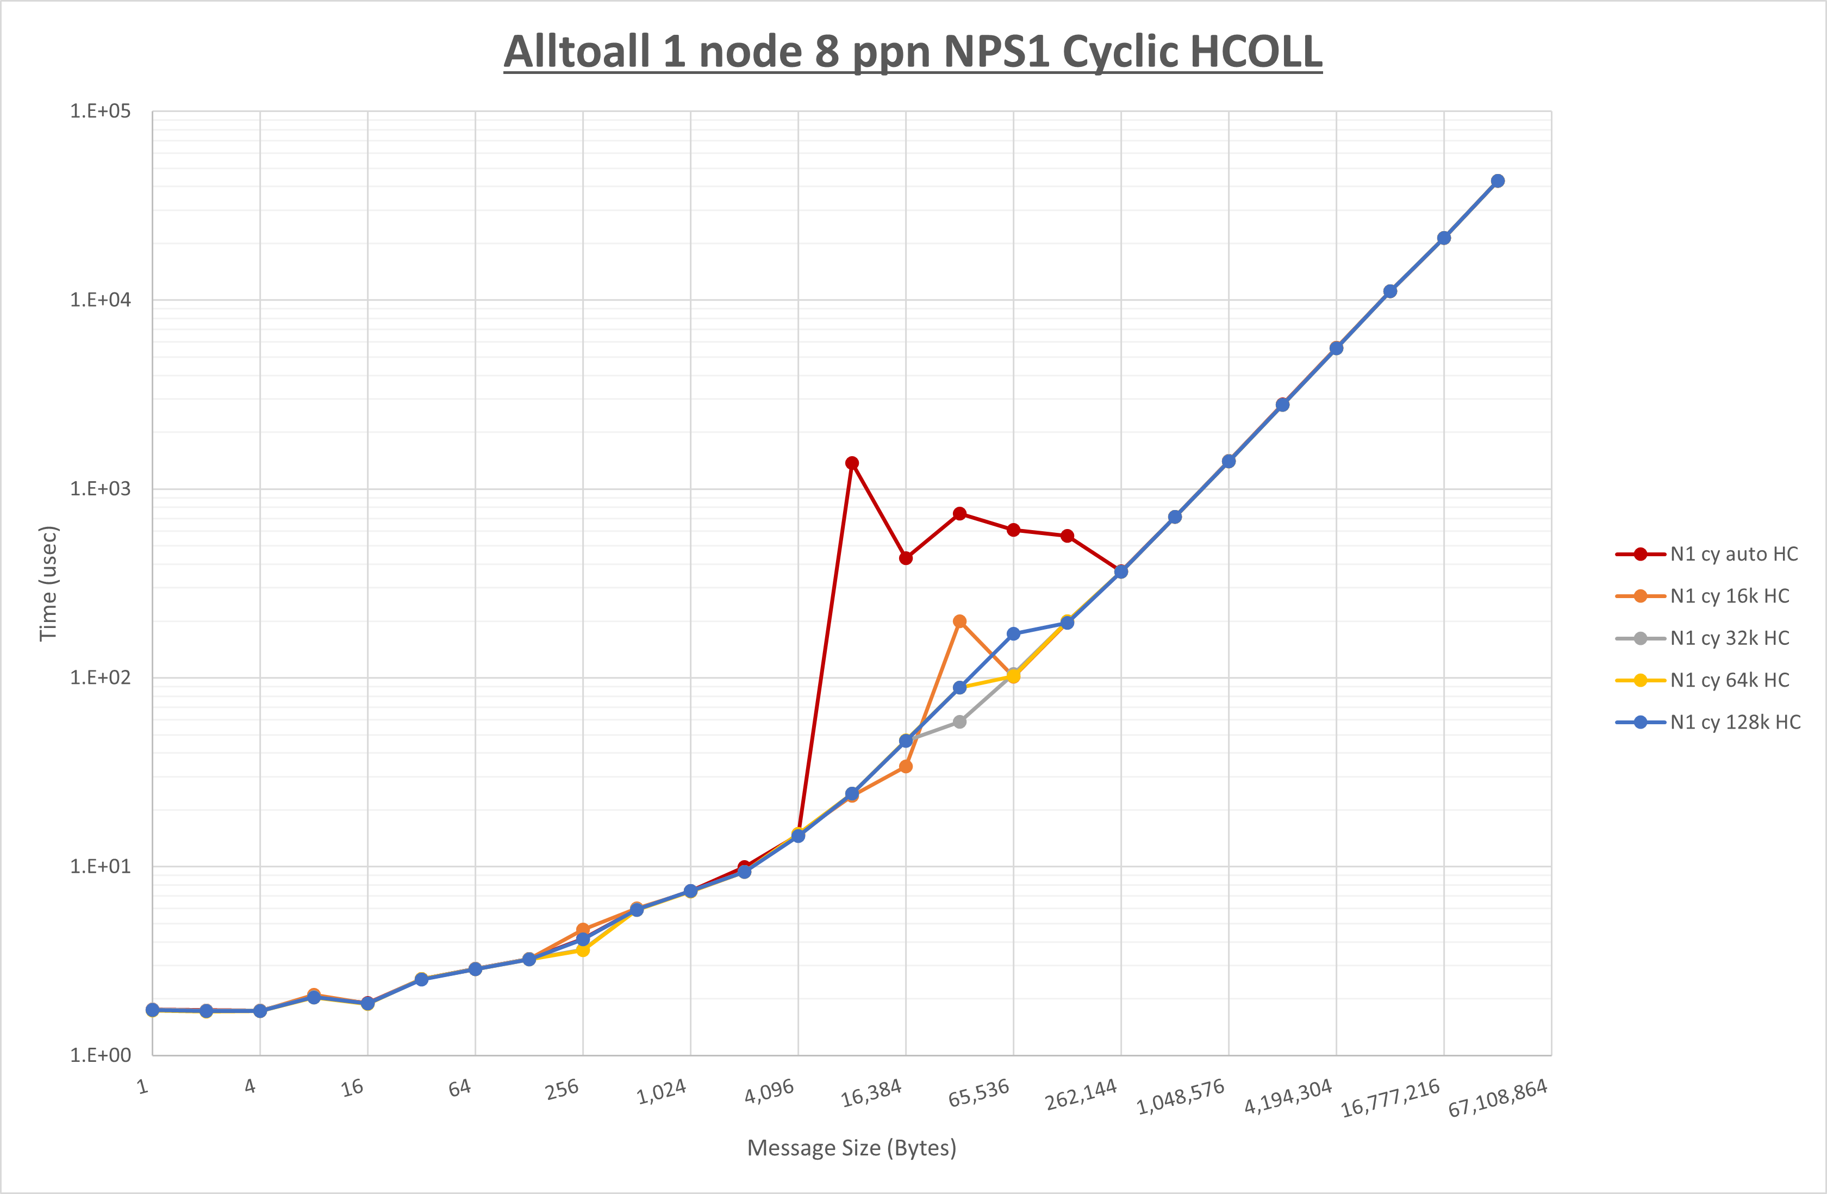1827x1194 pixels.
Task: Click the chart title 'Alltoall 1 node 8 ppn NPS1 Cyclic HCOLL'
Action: (x=913, y=52)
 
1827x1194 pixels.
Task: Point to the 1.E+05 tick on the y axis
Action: (x=101, y=111)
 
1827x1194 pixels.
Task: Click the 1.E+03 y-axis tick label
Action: (x=101, y=489)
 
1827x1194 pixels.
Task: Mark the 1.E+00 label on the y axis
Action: (x=101, y=1055)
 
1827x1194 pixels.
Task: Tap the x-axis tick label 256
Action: (x=562, y=1090)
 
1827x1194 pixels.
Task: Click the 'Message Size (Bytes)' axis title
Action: (x=851, y=1148)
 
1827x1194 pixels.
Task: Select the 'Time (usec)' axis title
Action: (x=48, y=583)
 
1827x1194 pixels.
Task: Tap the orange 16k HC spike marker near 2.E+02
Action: (x=959, y=621)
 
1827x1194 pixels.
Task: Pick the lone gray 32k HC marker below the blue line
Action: (x=959, y=722)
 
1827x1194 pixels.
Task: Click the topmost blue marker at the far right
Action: (x=1498, y=181)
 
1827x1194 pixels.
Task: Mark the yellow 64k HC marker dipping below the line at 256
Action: (x=583, y=950)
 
